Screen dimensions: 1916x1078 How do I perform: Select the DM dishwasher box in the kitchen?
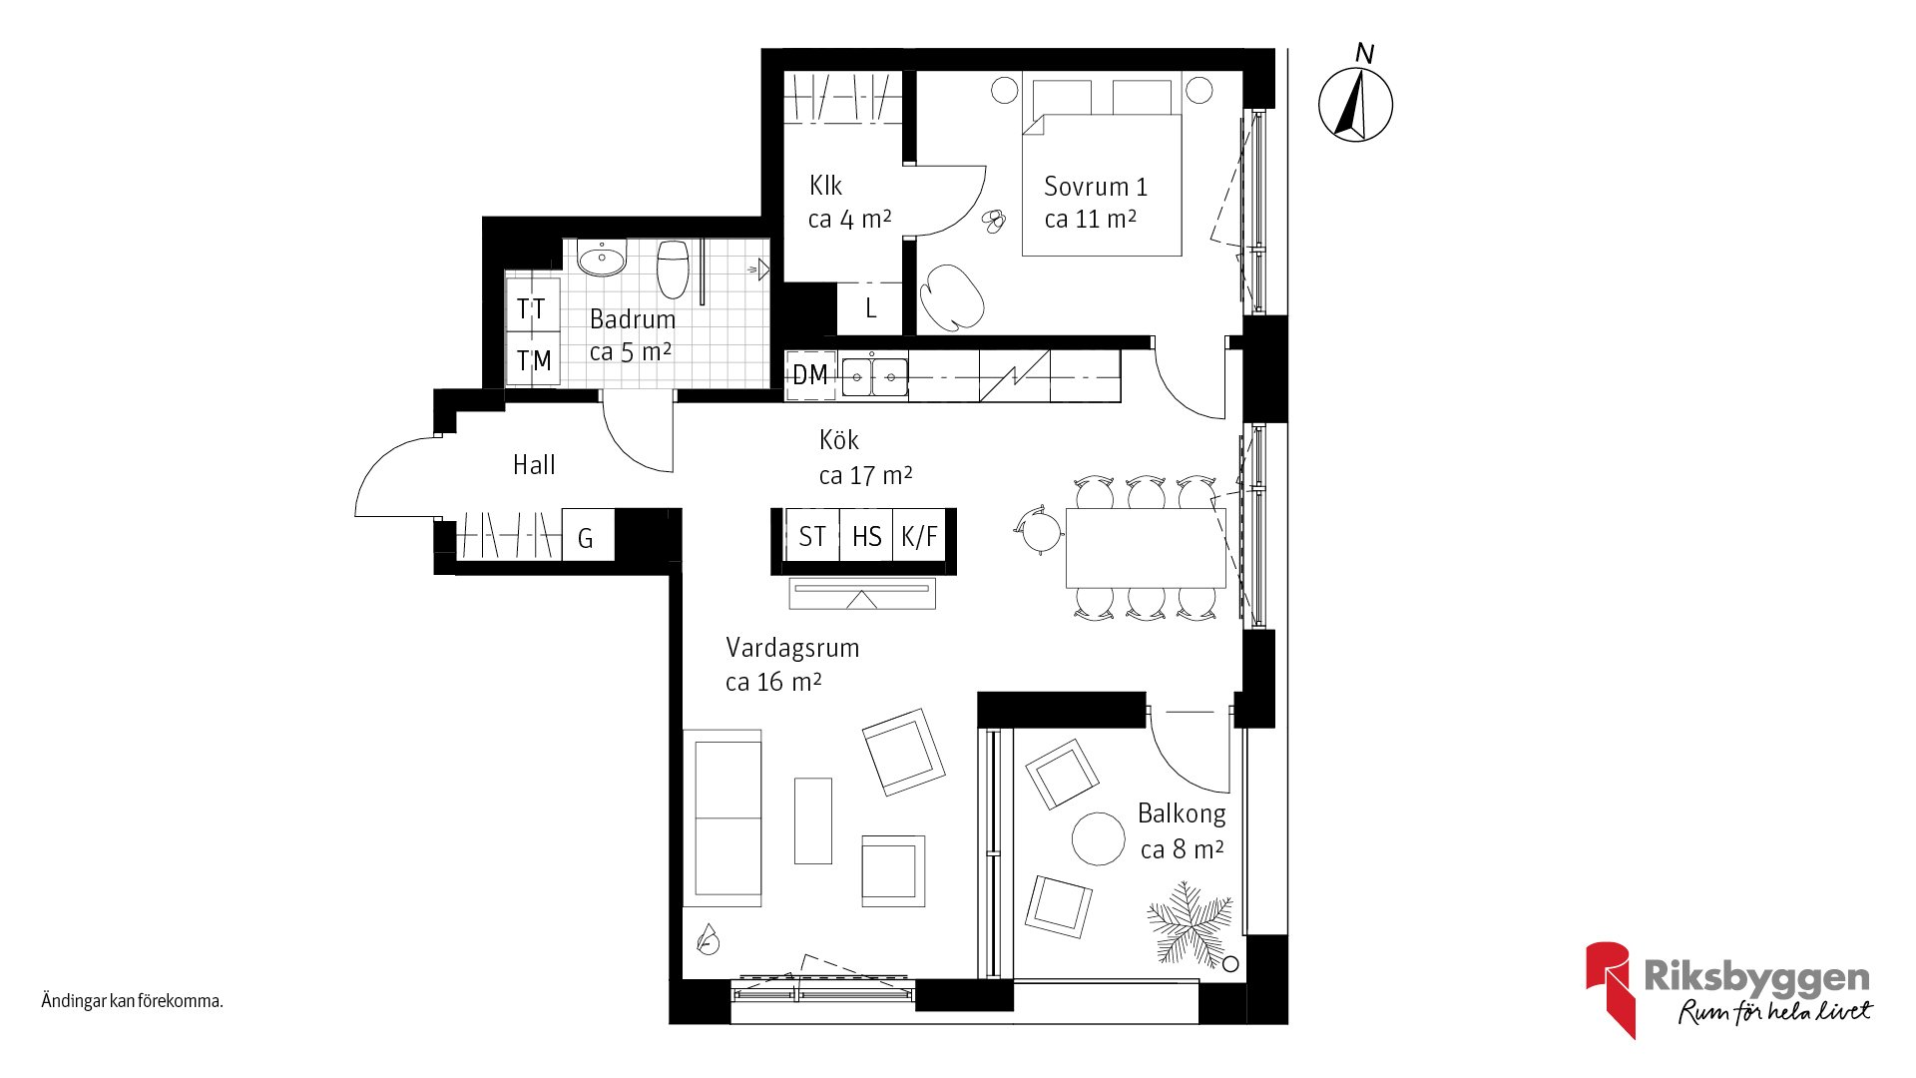(810, 375)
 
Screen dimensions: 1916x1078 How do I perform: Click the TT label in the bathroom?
(532, 309)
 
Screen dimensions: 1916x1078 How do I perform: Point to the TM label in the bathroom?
(534, 360)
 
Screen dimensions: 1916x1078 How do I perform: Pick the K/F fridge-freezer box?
(919, 536)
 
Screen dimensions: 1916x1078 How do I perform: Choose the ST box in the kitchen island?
(812, 536)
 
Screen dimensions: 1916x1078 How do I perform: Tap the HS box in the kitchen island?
(866, 536)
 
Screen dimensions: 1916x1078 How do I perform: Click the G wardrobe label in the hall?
(586, 539)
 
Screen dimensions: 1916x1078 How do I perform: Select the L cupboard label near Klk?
(871, 308)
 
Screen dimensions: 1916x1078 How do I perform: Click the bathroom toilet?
(674, 268)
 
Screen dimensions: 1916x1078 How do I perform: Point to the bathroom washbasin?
(602, 258)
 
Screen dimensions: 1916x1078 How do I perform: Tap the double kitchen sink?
(874, 377)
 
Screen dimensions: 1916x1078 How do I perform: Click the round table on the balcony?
(1099, 838)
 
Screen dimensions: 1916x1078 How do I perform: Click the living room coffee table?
(813, 820)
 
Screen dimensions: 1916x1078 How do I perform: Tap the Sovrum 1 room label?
(1096, 187)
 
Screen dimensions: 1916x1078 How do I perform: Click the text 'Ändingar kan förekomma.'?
(132, 1000)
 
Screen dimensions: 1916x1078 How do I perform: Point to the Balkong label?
(1182, 813)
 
